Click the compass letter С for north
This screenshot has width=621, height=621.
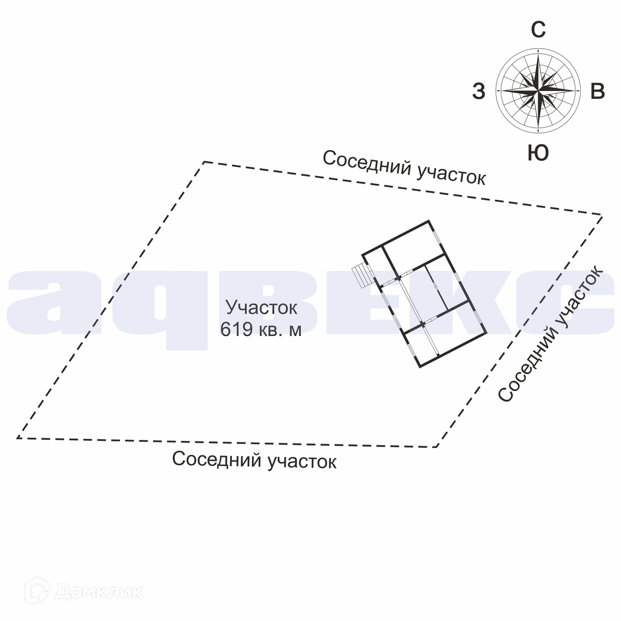(538, 31)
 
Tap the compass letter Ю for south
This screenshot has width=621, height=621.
(538, 153)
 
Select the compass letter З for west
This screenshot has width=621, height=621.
(479, 92)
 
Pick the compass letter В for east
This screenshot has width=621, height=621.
(598, 92)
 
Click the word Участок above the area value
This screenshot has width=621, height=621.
(262, 307)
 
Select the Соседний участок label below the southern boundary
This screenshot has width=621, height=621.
(254, 460)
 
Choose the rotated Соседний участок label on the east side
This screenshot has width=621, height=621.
(550, 334)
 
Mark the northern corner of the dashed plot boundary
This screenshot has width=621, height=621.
(204, 162)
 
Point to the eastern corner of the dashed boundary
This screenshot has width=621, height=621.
(601, 214)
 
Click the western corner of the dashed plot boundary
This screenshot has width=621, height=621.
(18, 438)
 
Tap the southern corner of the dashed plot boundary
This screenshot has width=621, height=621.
(436, 447)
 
